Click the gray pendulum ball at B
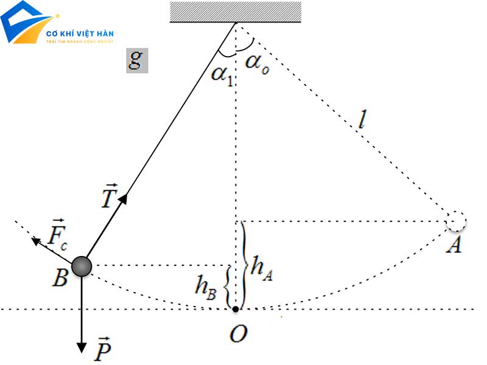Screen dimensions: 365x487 [82, 266]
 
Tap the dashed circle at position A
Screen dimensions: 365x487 [455, 221]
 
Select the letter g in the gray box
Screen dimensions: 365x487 [136, 60]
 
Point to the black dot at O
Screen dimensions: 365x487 [236, 310]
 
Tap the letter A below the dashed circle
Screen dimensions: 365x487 [453, 246]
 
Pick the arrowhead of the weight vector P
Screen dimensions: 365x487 [82, 347]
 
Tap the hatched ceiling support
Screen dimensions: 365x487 [236, 12]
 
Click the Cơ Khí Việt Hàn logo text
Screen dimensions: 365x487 [80, 33]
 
